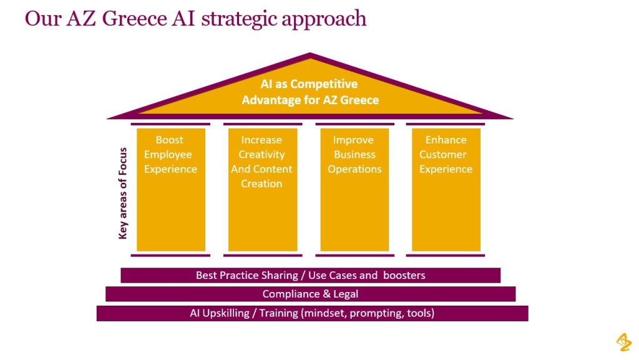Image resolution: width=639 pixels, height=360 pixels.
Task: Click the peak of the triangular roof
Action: (x=310, y=54)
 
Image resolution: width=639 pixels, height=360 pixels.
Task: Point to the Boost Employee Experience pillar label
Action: (x=170, y=155)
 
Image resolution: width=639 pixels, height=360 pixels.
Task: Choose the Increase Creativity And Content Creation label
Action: (x=261, y=162)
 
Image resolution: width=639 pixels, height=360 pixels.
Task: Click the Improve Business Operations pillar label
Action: (x=354, y=155)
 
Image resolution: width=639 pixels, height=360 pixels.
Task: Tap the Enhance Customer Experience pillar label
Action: (x=446, y=155)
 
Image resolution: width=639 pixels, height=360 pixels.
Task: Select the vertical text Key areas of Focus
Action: (x=123, y=193)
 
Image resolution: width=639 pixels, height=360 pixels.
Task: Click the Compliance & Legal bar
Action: (x=310, y=294)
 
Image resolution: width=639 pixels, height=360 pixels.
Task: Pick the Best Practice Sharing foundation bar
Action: (x=310, y=275)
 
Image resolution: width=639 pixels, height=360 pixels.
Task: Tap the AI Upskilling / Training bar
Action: (x=312, y=313)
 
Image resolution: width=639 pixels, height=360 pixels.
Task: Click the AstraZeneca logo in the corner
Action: (x=623, y=342)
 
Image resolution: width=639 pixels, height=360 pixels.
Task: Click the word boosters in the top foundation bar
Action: (x=404, y=275)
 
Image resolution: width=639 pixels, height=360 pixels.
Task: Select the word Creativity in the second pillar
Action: (x=261, y=155)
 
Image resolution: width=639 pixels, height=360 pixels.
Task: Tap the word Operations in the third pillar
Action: (x=354, y=169)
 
